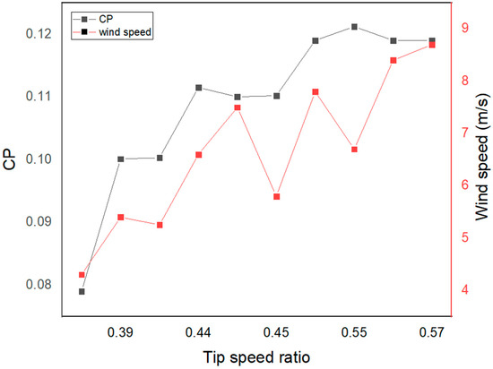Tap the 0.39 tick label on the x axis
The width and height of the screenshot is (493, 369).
121,333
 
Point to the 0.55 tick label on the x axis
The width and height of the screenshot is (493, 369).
354,333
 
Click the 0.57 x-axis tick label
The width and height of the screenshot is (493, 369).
432,333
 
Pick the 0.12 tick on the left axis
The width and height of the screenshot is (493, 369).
33,33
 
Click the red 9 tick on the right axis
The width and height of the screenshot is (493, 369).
466,28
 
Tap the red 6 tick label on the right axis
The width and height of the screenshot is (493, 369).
466,185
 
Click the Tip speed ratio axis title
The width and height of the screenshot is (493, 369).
256,356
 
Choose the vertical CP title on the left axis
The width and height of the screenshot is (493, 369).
10,165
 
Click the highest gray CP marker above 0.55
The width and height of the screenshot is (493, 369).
354,27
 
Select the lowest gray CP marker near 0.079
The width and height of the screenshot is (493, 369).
82,292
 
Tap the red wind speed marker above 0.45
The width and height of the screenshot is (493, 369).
277,196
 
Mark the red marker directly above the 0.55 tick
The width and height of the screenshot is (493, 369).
354,150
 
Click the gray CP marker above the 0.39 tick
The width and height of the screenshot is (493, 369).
121,159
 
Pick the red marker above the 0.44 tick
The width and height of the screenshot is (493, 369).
199,155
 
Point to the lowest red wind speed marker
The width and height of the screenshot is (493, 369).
82,275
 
